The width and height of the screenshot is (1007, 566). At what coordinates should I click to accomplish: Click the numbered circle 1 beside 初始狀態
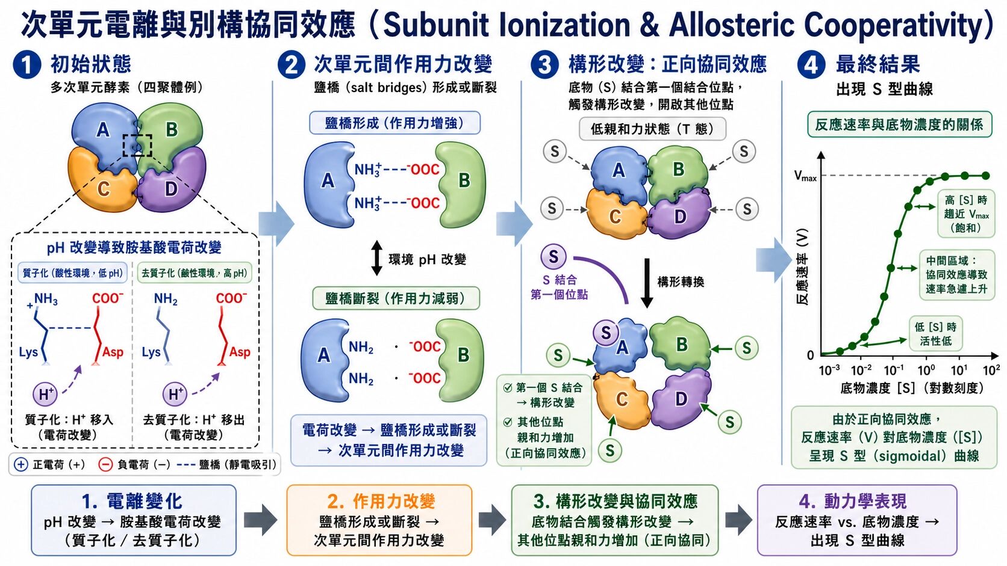pyautogui.click(x=27, y=64)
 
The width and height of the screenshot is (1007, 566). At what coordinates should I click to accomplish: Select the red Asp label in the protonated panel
pyautogui.click(x=113, y=352)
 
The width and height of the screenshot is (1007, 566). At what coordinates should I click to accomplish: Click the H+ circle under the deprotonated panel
pyautogui.click(x=175, y=394)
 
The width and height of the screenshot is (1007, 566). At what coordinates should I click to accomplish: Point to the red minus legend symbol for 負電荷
pyautogui.click(x=105, y=464)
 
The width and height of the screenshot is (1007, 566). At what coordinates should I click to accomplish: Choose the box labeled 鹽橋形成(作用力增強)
pyautogui.click(x=394, y=123)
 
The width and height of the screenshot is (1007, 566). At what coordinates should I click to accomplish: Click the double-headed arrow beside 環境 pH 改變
pyautogui.click(x=377, y=258)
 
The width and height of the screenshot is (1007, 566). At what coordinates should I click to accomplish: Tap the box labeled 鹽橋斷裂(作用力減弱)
pyautogui.click(x=396, y=298)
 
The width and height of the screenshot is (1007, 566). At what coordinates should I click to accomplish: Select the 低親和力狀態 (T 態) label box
pyautogui.click(x=652, y=129)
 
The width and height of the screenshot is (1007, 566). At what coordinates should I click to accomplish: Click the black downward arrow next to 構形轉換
pyautogui.click(x=647, y=283)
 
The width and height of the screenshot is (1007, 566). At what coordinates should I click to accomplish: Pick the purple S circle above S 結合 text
pyautogui.click(x=554, y=257)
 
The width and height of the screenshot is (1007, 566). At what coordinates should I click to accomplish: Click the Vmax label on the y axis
pyautogui.click(x=805, y=176)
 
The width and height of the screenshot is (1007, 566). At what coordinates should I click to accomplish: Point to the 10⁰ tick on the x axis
pyautogui.click(x=926, y=370)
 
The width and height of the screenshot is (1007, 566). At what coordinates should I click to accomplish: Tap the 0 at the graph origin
pyautogui.click(x=811, y=355)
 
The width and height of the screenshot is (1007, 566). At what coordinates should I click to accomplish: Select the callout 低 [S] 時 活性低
pyautogui.click(x=936, y=334)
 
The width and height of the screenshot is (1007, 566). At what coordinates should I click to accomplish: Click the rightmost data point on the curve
pyautogui.click(x=985, y=176)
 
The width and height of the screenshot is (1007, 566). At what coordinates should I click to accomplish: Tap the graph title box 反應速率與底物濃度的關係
pyautogui.click(x=900, y=125)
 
